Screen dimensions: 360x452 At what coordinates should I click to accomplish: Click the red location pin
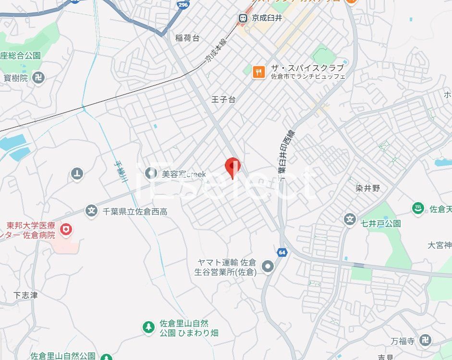pos(232,167)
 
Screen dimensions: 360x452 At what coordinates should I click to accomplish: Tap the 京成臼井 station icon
pos(243,18)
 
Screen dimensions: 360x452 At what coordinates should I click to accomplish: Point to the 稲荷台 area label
pos(187,38)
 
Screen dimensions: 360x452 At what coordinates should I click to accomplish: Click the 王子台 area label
pos(223,99)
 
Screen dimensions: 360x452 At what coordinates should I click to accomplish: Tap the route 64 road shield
pos(282,252)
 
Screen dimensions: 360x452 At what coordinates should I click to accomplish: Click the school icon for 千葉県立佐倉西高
pos(91,211)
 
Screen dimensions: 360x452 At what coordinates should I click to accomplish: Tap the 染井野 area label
pos(369,188)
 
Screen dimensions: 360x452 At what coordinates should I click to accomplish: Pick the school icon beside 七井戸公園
pos(350,220)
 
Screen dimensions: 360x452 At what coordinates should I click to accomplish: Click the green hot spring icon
pos(418,208)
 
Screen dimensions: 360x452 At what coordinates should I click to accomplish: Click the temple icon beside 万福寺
pos(425,341)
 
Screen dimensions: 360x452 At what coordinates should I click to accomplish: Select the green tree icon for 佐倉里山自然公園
pos(148,327)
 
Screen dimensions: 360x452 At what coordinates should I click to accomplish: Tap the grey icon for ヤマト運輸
pos(268,266)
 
